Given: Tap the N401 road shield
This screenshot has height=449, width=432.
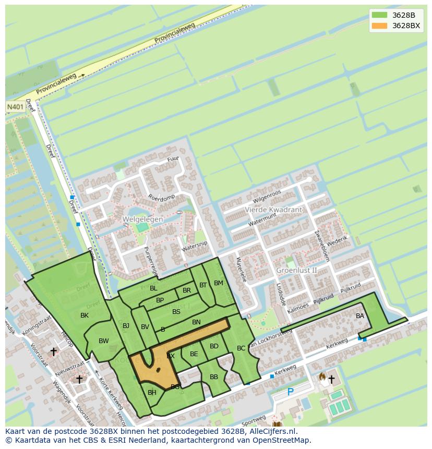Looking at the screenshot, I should tap(15, 106).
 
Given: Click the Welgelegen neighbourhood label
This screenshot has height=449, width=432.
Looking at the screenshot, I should tap(142, 220).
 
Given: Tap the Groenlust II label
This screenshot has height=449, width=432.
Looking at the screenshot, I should tap(296, 270).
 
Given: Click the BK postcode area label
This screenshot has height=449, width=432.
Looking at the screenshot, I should tap(85, 315).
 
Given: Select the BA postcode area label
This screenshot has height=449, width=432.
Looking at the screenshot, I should tap(360, 316).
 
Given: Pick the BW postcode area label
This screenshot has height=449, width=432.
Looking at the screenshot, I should tap(104, 341).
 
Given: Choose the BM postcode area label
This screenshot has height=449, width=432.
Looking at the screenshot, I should tap(219, 283).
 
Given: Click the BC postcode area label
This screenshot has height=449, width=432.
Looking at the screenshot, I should tap(241, 348).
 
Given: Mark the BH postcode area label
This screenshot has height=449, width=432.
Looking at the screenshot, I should tap(152, 393).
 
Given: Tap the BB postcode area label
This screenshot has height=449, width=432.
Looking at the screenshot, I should tap(214, 377).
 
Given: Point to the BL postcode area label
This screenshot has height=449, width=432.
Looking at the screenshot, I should tap(153, 288).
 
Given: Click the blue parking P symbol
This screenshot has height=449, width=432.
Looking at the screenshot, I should tap(290, 392).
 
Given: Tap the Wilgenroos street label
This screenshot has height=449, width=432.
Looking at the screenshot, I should tap(267, 197).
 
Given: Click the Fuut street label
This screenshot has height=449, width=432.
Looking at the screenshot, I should tap(173, 159).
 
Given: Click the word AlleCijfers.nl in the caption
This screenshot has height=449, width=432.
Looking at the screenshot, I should tap(271, 431).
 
